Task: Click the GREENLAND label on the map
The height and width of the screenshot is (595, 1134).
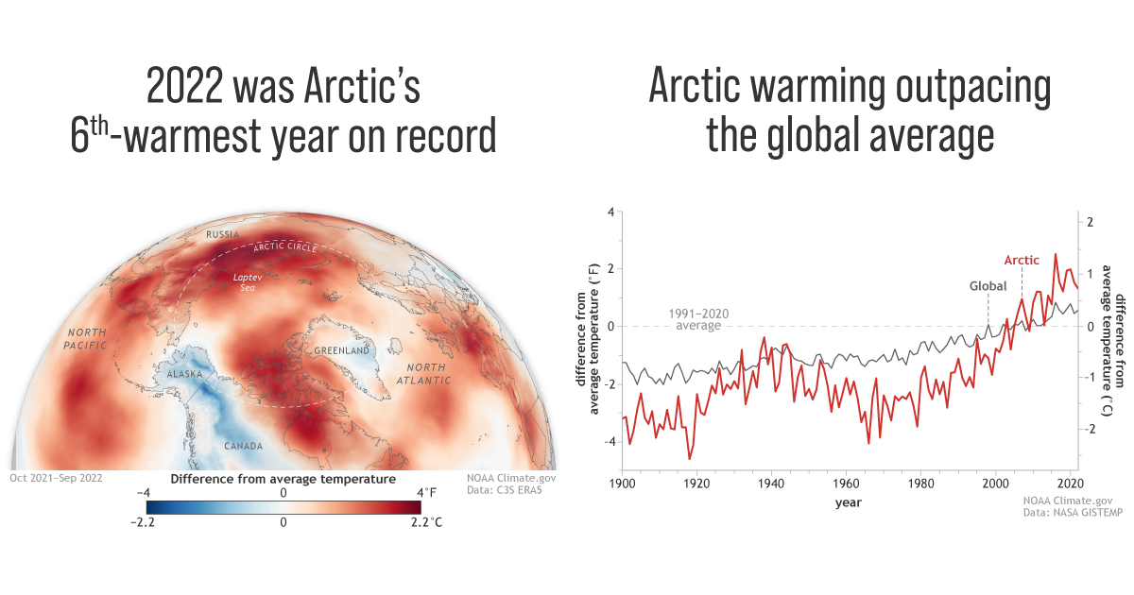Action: coord(343,350)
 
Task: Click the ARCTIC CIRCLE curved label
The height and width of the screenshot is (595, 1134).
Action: coord(288,249)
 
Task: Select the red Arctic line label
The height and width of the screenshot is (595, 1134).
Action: coord(1021,261)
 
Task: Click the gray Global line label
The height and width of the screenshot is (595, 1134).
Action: coord(988,286)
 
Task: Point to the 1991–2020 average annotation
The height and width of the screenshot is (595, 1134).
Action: coord(696,318)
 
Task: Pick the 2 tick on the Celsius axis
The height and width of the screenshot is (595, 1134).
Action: coord(1090,223)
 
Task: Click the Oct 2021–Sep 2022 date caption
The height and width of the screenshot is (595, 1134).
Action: coord(57,478)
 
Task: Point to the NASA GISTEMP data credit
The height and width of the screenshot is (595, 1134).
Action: coord(1069,512)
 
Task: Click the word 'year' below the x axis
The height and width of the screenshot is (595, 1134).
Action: coord(848,502)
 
